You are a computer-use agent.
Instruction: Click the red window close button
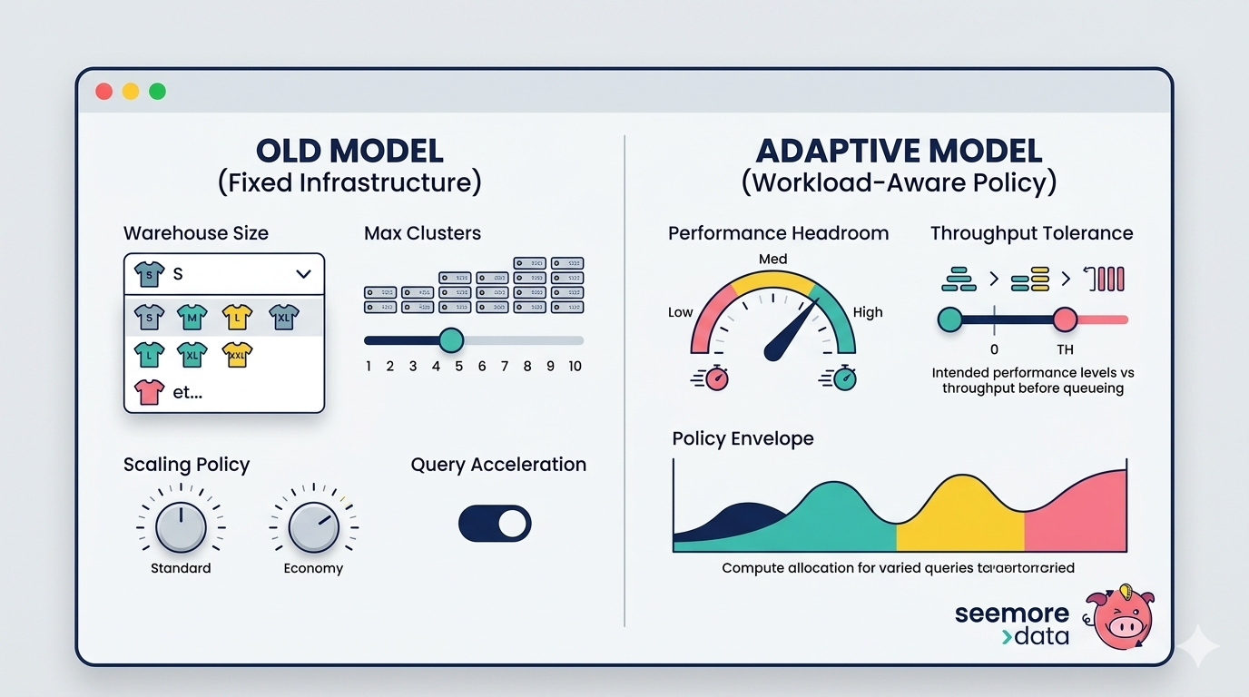103,92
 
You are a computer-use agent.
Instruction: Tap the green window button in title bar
157,92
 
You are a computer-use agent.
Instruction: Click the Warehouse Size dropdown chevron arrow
303,273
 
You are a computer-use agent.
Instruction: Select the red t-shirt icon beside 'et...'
149,392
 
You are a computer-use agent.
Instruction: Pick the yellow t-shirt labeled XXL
237,354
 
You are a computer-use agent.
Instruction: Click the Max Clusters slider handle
450,340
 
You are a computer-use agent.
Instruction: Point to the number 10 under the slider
575,367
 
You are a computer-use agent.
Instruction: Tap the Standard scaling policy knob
181,527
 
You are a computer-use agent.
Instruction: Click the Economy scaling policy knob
313,527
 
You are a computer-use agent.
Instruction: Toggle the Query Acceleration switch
495,524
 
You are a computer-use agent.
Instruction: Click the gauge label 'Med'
772,260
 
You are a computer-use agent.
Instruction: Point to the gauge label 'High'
868,312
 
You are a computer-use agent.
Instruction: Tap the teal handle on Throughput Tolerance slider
949,319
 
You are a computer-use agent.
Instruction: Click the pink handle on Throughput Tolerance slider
1065,319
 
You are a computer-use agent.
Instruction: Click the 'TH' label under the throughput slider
1065,349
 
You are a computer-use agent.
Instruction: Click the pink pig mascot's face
1122,622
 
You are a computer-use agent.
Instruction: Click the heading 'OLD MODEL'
349,151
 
